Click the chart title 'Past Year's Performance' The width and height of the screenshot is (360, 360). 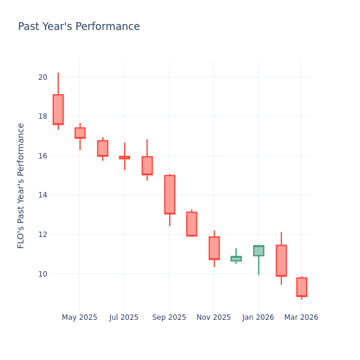79,27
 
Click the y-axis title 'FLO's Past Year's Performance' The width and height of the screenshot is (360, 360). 21,185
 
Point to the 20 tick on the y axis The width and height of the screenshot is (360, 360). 43,77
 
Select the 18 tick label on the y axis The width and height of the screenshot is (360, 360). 43,116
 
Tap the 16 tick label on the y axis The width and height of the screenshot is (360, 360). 43,156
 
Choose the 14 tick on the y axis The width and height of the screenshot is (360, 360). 43,195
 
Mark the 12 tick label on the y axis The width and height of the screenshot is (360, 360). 43,235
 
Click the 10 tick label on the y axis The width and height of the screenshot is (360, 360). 43,274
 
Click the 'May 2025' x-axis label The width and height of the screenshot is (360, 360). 79,317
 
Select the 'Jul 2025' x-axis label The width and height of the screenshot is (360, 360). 124,317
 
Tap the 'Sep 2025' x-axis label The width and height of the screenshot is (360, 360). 169,317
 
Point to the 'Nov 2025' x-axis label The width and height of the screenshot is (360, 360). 214,317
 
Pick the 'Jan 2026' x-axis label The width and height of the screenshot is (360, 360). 259,317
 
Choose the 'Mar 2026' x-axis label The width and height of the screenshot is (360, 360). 301,317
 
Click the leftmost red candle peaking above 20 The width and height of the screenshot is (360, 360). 58,109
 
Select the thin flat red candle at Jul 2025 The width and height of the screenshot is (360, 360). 124,157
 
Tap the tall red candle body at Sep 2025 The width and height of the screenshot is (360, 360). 170,194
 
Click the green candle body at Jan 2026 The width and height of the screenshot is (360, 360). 259,251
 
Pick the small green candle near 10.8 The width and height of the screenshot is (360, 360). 236,259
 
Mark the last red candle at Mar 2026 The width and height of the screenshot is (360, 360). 301,287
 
